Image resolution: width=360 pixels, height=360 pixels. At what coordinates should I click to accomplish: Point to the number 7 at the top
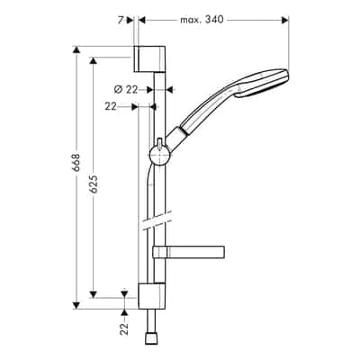pos(120,18)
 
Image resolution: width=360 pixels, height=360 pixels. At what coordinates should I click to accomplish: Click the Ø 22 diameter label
pos(127,88)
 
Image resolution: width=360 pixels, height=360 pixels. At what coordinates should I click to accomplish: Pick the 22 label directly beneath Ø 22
pos(111,106)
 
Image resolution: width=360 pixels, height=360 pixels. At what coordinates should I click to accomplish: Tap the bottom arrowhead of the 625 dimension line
pos(94,293)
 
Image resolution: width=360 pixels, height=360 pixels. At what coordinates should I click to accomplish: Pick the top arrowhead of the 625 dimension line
pos(94,60)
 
